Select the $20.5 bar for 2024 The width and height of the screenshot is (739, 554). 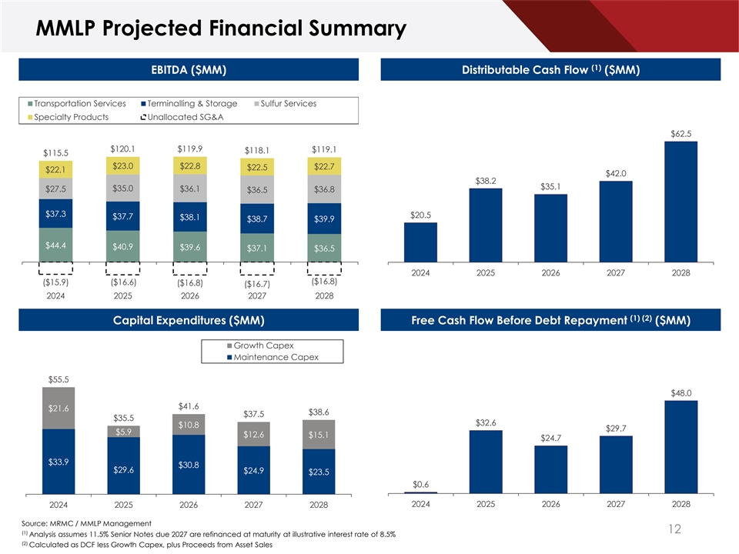420,242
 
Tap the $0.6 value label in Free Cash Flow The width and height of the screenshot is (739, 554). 420,484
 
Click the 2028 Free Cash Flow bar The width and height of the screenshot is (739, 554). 680,446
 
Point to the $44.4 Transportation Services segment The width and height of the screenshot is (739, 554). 55,245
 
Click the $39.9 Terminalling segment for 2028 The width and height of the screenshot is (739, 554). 324,219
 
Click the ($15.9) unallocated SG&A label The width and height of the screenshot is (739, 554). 55,282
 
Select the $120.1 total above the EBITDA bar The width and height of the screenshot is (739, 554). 123,149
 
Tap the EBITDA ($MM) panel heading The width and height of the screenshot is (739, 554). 188,70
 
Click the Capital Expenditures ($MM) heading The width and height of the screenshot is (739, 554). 188,319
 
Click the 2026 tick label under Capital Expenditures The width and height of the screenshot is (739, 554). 189,505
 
